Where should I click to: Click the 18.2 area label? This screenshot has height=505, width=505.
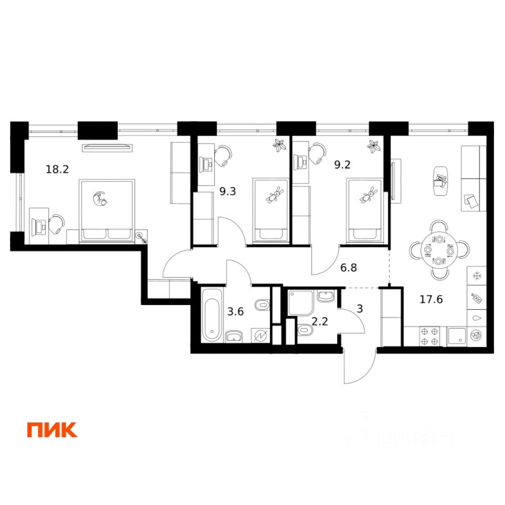pos(58,169)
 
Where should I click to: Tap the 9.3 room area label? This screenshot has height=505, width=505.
pos(227,192)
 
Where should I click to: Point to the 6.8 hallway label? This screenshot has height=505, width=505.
pos(349,267)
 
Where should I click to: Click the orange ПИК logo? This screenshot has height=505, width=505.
pos(52,430)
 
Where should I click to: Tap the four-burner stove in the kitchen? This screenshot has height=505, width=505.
pos(430,336)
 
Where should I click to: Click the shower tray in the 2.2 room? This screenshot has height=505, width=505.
pos(301,301)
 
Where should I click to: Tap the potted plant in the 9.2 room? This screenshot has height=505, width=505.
pos(373,145)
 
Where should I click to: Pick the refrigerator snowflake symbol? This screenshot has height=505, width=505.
pos(477,275)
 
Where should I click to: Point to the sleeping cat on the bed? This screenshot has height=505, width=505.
pos(99,199)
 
